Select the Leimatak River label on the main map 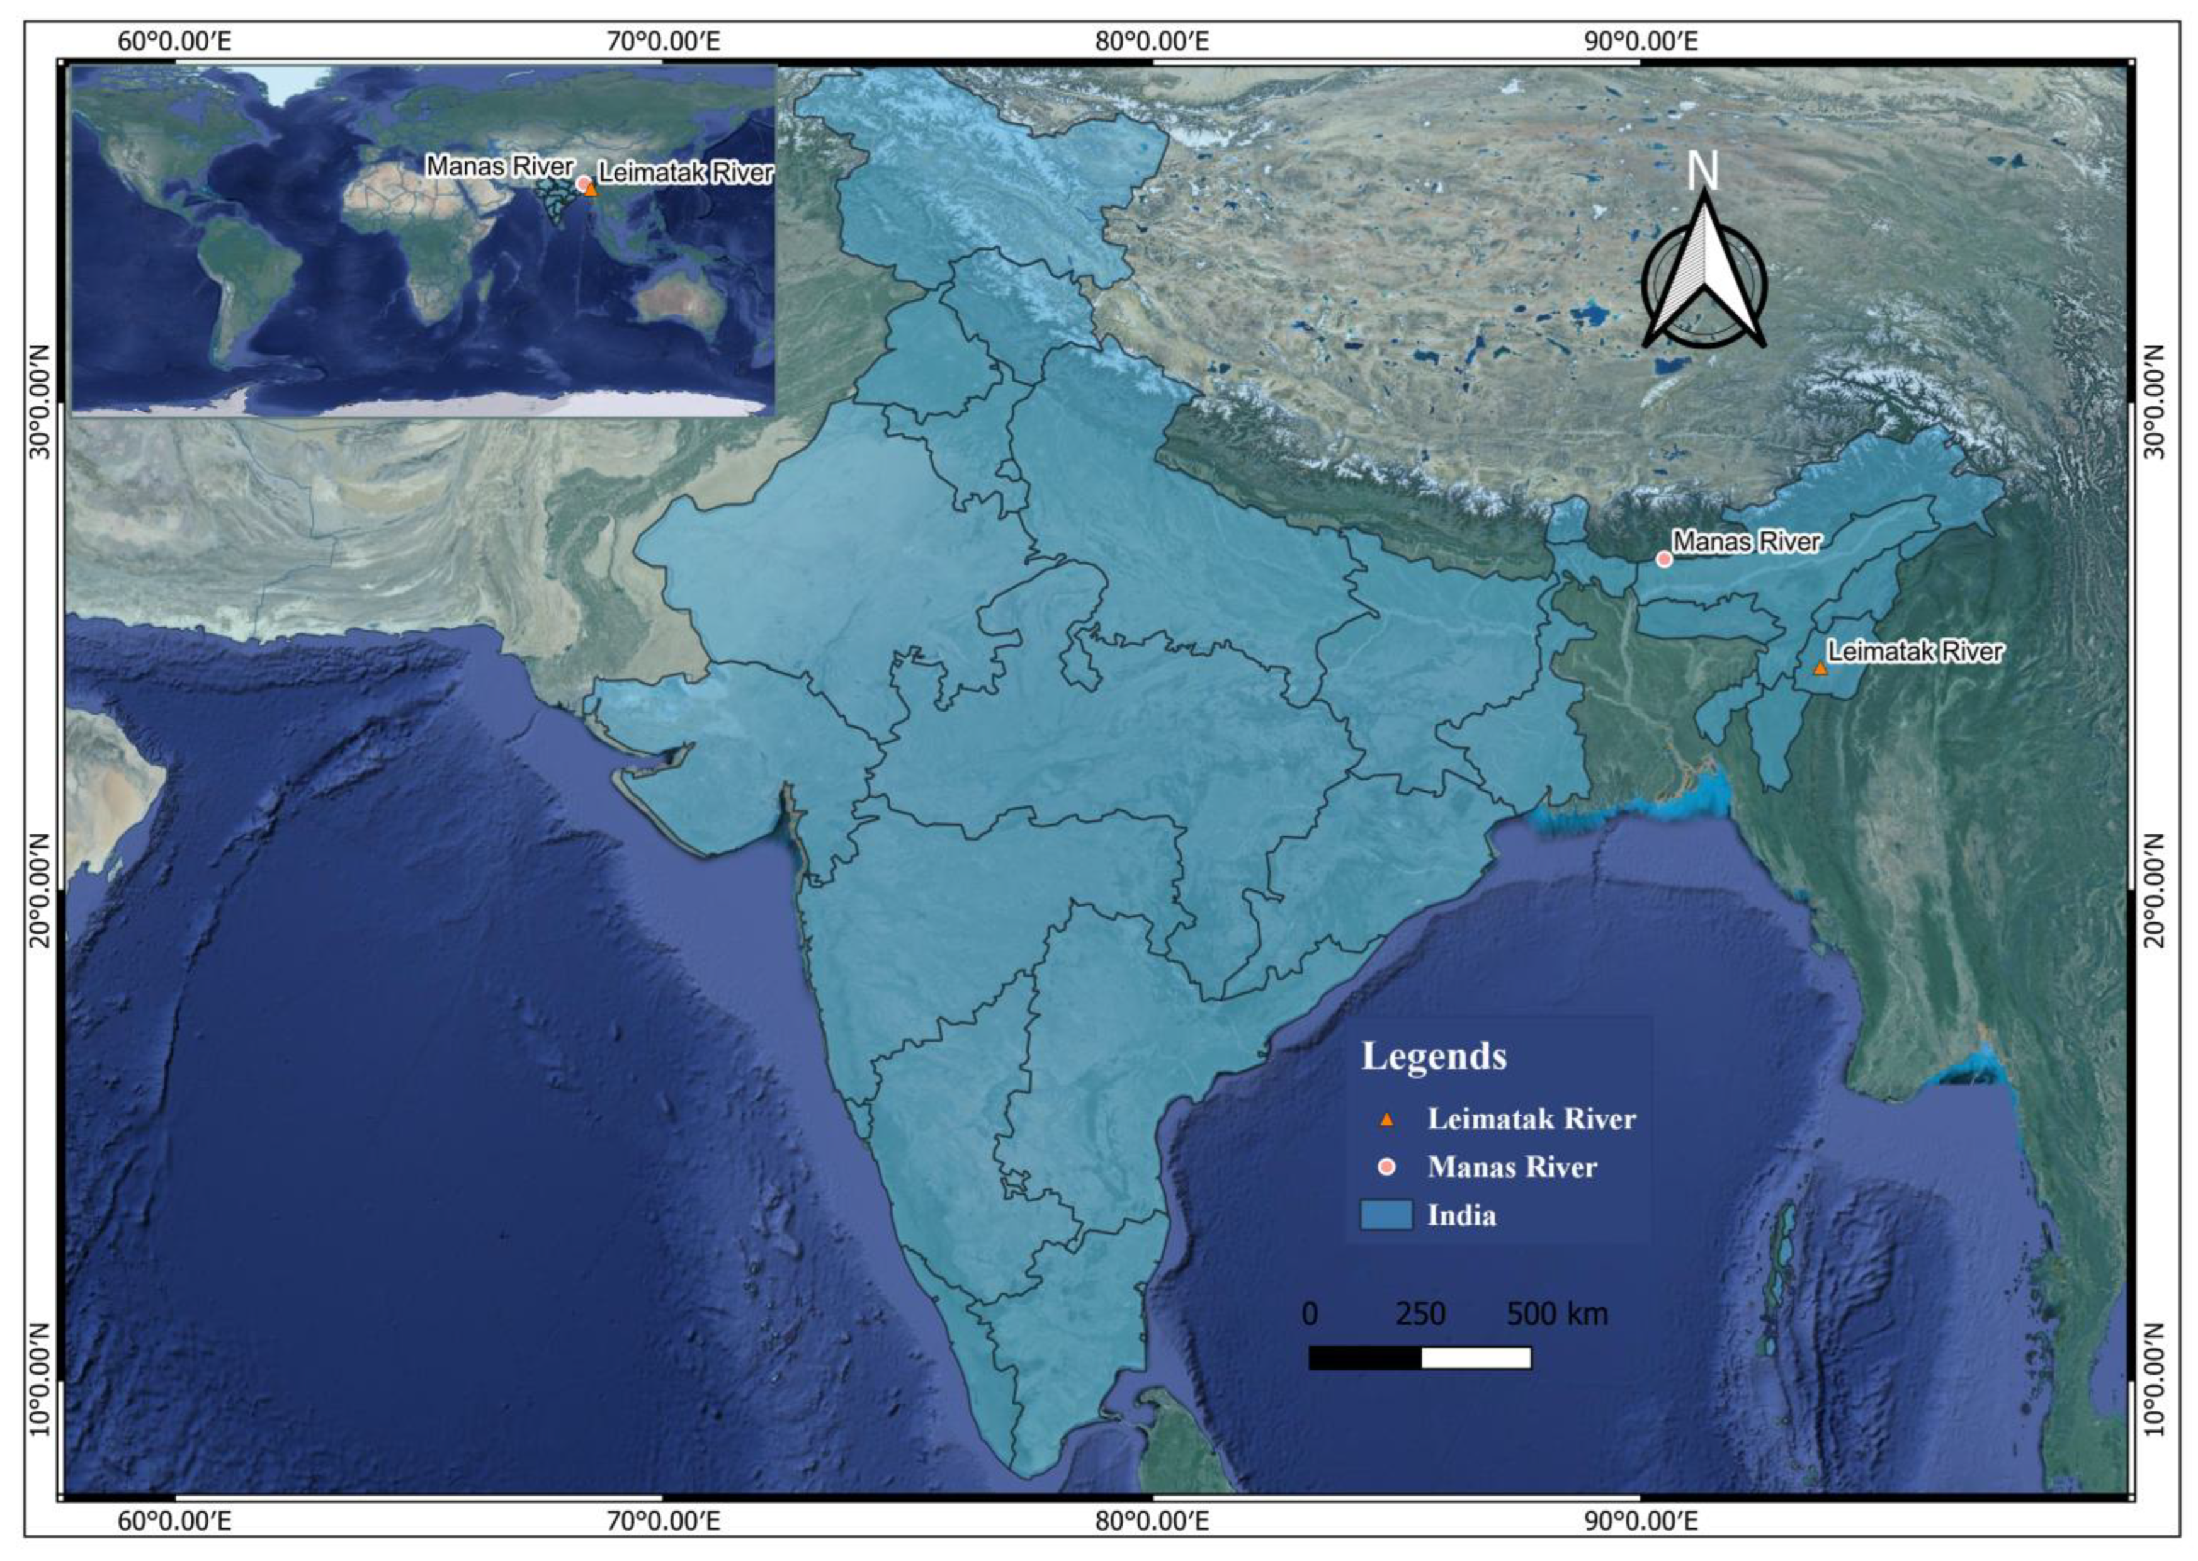tap(1915, 652)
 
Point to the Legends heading tap(1434, 1057)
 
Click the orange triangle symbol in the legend tap(1386, 1119)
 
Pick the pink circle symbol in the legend tap(1386, 1167)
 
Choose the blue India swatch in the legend tap(1386, 1215)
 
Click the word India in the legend tap(1462, 1216)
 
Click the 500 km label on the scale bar tap(1557, 1314)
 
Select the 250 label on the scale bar tap(1420, 1314)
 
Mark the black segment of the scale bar tap(1365, 1357)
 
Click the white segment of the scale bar tap(1475, 1357)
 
